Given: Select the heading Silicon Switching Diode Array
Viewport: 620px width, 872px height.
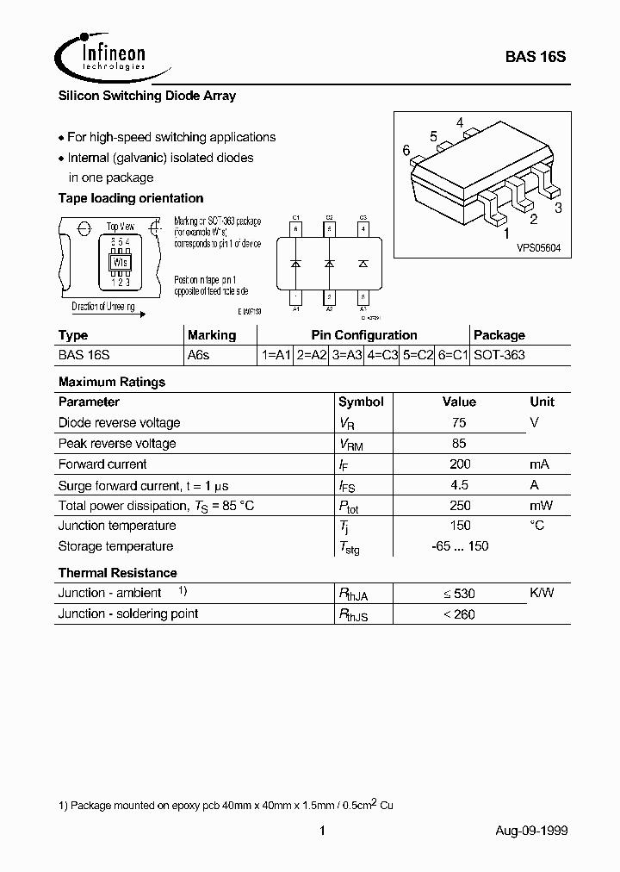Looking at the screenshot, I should pos(146,96).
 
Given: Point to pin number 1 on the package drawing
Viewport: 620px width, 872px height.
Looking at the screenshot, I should pos(506,233).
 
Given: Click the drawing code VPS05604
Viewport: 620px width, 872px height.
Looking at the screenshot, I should pos(538,247).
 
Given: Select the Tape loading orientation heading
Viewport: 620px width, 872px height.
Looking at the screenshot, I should pos(130,198).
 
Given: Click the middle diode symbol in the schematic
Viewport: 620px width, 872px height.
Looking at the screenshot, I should pos(329,262).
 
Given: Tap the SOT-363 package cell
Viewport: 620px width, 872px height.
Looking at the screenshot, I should pos(499,355).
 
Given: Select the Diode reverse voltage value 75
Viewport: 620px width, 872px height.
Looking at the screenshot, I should pos(459,423).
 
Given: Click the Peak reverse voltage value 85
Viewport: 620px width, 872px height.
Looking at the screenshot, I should pos(459,444).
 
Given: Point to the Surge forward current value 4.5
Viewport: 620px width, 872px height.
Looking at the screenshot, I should pos(459,485).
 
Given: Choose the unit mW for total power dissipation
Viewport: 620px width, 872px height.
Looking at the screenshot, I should pos(542,506).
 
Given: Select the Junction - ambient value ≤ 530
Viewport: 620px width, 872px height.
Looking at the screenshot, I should pos(459,594).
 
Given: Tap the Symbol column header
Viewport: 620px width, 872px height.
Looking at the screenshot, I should pos(361,402).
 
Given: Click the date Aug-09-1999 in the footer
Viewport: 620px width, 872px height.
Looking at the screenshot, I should pos(531,831).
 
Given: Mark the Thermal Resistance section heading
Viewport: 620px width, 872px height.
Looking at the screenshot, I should pos(117,573).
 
